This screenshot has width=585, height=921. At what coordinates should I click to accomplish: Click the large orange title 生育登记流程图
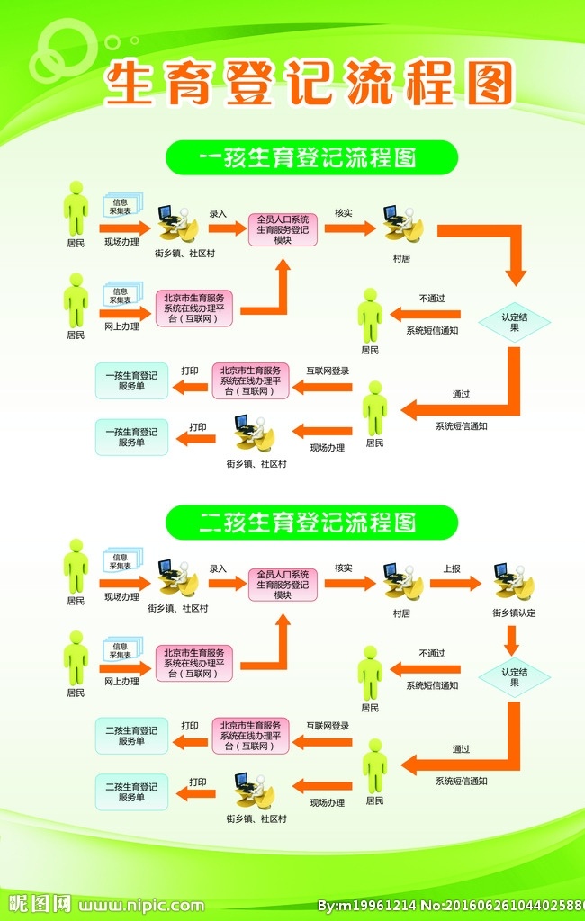pos(310,85)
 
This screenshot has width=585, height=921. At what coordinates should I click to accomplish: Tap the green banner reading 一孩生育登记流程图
pos(311,157)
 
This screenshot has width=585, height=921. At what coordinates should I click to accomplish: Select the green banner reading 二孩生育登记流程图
pos(311,522)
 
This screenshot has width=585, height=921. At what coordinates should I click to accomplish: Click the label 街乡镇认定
pos(514,613)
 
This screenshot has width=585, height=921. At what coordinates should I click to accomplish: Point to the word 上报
pos(452,568)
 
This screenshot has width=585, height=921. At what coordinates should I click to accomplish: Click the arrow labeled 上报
pos(455,583)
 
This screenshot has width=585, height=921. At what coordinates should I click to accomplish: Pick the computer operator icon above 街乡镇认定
pos(513,582)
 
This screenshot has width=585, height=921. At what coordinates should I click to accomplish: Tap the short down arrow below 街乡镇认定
pos(512,640)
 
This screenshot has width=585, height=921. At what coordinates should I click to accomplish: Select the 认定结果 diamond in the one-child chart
pos(515,323)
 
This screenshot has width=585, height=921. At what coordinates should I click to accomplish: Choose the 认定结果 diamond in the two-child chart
pos(515,677)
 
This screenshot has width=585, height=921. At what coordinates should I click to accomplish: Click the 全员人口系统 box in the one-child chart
pos(283,229)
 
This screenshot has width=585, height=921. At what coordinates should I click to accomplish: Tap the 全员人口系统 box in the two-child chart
pos(283,584)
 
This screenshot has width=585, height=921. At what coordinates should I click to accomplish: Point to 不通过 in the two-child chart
pos(431,653)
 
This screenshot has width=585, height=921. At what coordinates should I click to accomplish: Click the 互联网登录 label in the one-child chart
pos(328,371)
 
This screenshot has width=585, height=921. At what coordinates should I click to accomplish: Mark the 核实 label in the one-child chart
pos(344,213)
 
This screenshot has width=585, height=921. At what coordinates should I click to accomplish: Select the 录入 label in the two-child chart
pos(218,568)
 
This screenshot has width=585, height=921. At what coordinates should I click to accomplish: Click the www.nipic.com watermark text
pos(141,905)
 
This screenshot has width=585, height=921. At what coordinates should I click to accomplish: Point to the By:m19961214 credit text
pos(367,905)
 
